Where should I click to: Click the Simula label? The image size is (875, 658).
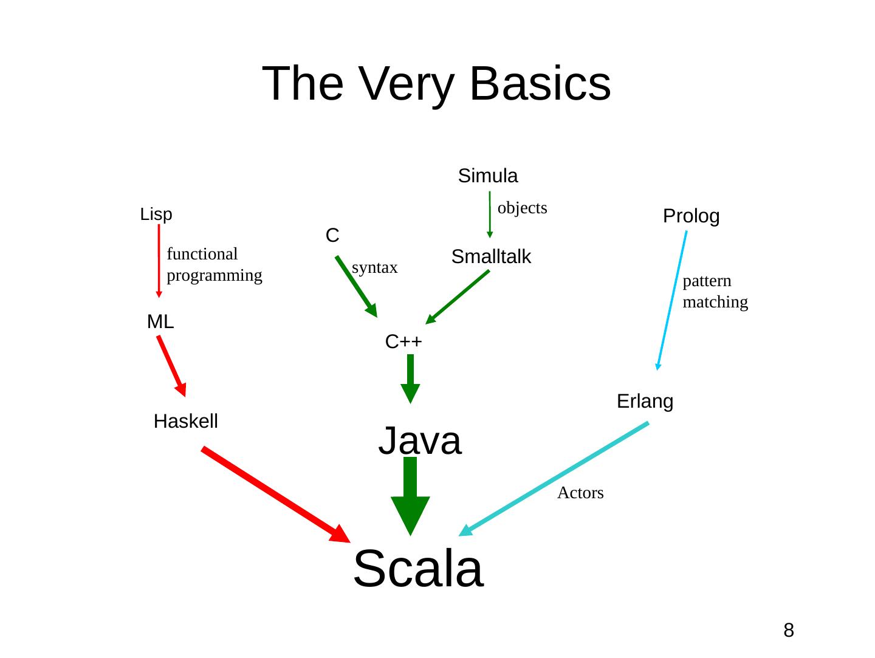[487, 176]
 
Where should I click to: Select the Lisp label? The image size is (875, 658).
[156, 214]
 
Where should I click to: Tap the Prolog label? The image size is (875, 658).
[691, 216]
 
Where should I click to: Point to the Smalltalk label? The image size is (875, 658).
[491, 257]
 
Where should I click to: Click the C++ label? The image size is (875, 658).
[403, 342]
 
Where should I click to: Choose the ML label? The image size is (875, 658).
[160, 322]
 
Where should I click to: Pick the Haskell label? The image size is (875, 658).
[186, 421]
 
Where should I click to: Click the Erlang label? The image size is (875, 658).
[645, 402]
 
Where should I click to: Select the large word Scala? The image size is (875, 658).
[418, 569]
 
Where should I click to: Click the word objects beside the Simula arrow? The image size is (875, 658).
[522, 208]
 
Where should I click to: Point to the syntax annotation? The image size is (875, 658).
[375, 268]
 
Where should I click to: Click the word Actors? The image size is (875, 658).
[580, 493]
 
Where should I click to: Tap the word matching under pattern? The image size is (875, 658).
[715, 302]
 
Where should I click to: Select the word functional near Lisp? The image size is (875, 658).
[202, 254]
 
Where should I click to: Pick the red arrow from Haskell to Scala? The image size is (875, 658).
[273, 493]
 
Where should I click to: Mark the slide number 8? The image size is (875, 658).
[788, 631]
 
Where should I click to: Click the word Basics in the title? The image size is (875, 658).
[540, 84]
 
